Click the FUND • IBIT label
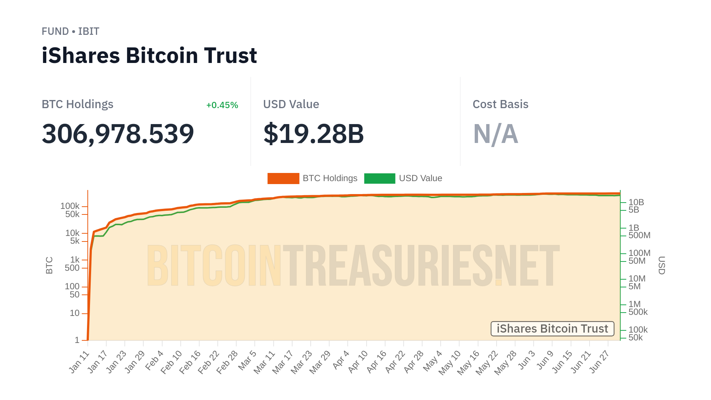point(70,31)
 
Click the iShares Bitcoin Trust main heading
point(149,56)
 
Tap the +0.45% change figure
point(222,105)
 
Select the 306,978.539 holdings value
point(118,134)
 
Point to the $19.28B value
point(314,134)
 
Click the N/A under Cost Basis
point(495,134)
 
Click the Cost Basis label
point(500,104)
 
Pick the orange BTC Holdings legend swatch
point(283,179)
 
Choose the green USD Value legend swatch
point(380,179)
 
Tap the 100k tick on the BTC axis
point(70,206)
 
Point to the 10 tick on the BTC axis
point(75,313)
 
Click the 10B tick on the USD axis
point(636,202)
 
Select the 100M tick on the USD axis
point(639,253)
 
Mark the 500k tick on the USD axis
point(638,312)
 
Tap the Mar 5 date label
point(247,360)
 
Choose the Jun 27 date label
point(599,362)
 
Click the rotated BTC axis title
point(49,265)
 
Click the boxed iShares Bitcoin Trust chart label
point(552,329)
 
